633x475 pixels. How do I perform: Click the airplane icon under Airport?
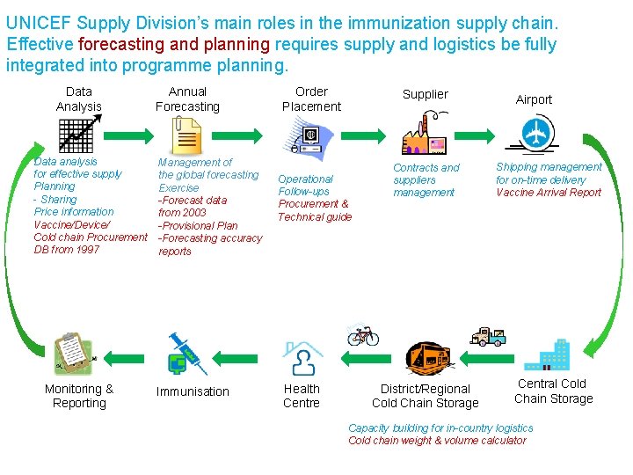[x=534, y=134]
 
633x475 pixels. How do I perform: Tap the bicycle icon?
[x=363, y=334]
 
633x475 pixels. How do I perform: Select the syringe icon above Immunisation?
[x=187, y=354]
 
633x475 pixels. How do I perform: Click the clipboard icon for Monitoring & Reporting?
[x=74, y=354]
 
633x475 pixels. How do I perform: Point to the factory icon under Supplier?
[x=425, y=134]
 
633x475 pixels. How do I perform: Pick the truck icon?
[x=489, y=337]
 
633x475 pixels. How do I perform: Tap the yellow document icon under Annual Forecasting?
[x=186, y=135]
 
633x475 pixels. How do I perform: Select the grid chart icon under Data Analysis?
[x=79, y=134]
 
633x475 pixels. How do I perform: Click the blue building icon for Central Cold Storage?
[x=547, y=355]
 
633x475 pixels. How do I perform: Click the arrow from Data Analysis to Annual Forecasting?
[x=128, y=135]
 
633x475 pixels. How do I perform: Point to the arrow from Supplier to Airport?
[x=475, y=135]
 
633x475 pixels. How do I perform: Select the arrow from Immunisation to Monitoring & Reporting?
[x=124, y=359]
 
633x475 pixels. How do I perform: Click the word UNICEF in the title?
[x=39, y=23]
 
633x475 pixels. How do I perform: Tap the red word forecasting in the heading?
[x=121, y=45]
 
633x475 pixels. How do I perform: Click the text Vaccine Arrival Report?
[x=549, y=193]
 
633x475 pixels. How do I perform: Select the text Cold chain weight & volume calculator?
[x=437, y=441]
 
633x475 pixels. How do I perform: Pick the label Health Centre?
[x=302, y=396]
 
